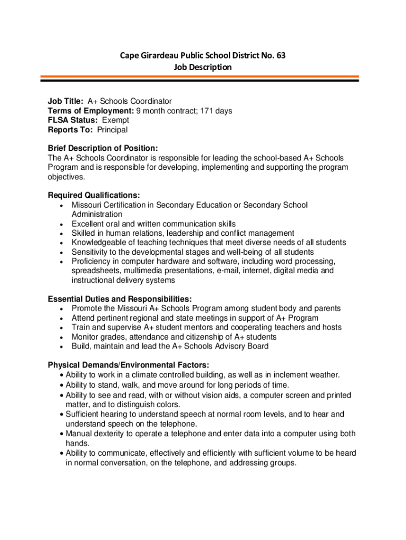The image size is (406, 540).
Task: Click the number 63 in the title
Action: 281,55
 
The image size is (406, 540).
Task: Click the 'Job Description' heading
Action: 202,67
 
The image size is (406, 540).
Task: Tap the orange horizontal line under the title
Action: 200,77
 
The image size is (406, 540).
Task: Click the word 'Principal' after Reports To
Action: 112,130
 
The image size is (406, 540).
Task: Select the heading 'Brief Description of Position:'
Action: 103,148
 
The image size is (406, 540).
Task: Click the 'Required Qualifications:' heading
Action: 94,195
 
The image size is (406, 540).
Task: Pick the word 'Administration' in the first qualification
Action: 97,214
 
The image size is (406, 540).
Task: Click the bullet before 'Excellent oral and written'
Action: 63,224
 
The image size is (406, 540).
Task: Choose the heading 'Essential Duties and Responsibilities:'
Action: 120,298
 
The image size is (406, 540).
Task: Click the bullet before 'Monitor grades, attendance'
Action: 63,337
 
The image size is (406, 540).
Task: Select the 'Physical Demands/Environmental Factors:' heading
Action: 129,365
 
